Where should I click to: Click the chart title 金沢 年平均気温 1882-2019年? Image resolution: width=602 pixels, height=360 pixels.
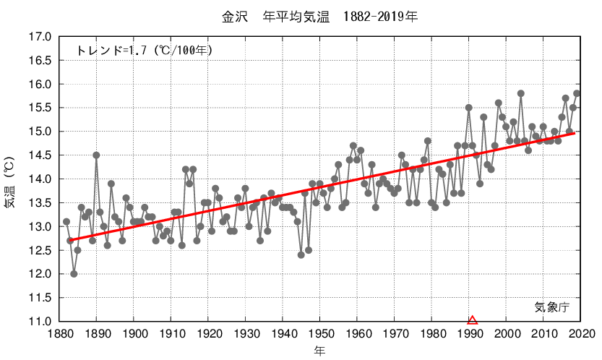[319, 15]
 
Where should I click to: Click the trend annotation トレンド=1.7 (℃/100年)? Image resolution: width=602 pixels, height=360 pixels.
[145, 50]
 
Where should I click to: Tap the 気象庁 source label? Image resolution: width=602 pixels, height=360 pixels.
[552, 307]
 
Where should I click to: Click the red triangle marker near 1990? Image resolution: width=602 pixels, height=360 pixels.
[473, 320]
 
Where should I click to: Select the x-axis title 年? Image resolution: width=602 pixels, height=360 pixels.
[319, 351]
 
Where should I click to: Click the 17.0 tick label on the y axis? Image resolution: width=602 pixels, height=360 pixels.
[40, 37]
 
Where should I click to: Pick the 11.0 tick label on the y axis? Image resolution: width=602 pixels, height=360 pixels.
[40, 321]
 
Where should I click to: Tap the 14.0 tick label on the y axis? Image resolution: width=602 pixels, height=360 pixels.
[40, 179]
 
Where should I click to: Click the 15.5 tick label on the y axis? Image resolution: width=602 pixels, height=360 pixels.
[40, 108]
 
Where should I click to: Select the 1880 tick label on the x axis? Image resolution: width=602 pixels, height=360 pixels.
[59, 334]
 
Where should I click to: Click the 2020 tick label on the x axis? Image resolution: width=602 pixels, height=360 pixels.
[581, 334]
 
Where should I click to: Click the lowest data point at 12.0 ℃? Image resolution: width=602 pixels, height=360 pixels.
[74, 274]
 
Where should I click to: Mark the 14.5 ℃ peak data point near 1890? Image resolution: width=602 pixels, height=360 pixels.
[96, 155]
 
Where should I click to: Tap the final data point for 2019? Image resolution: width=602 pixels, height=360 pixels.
[577, 93]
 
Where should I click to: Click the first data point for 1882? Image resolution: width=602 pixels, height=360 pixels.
[66, 222]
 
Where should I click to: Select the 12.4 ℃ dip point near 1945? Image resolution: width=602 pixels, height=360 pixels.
[301, 254]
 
